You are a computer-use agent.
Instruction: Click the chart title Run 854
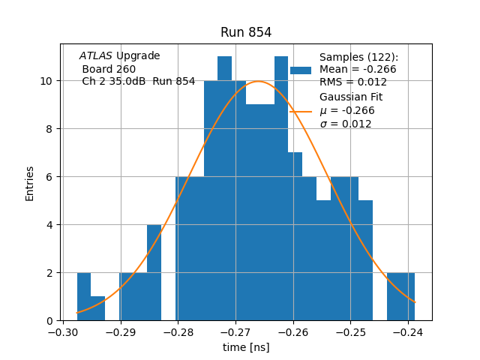click(246, 32)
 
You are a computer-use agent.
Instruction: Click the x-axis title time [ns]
click(246, 347)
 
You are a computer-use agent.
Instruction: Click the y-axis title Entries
click(30, 183)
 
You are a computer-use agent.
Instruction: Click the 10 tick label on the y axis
click(46, 81)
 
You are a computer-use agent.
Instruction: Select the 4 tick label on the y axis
click(49, 225)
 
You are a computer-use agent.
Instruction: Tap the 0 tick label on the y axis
click(49, 321)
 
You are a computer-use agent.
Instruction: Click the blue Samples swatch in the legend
click(300, 70)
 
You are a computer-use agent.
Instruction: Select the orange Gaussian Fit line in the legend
click(300, 111)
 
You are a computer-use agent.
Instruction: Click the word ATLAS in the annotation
click(96, 56)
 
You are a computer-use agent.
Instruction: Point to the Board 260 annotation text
click(109, 69)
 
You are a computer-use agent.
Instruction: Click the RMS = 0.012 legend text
click(353, 82)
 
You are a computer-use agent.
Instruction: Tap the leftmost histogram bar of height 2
click(83, 297)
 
